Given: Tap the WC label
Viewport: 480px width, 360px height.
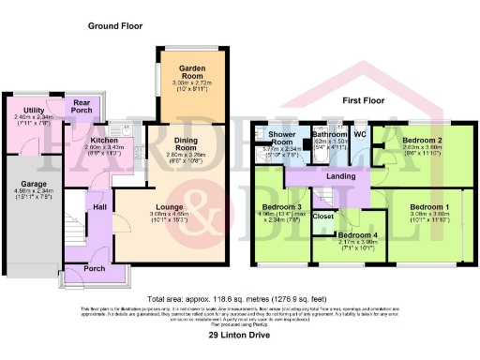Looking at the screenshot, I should (x=360, y=134).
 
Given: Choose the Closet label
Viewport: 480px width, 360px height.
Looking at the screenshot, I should (x=323, y=217).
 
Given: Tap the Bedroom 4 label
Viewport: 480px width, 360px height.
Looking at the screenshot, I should (x=357, y=236).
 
